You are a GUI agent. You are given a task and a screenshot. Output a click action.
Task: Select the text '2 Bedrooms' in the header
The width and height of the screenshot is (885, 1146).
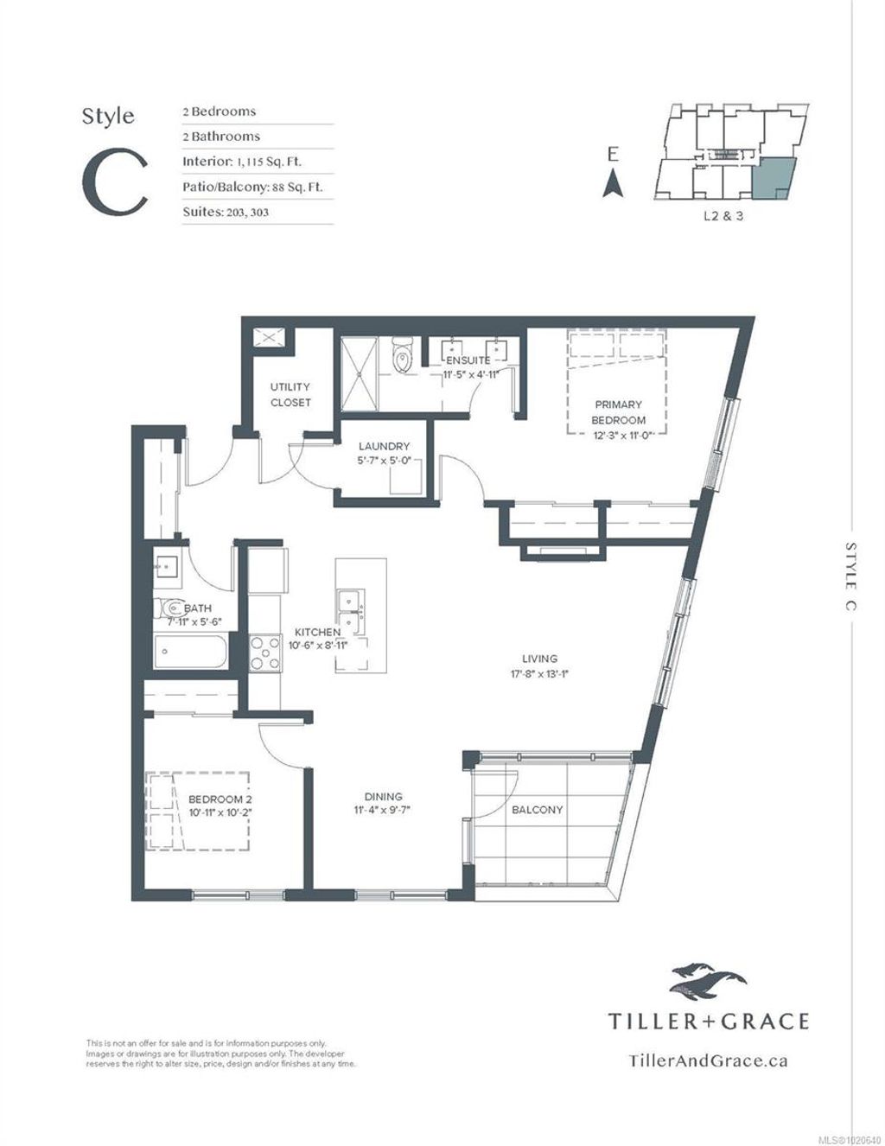pyautogui.click(x=219, y=111)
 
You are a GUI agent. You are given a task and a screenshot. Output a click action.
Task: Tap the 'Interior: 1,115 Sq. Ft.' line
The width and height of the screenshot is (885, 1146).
pyautogui.click(x=242, y=162)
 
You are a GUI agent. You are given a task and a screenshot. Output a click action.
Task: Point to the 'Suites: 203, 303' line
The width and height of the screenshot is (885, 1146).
pyautogui.click(x=225, y=212)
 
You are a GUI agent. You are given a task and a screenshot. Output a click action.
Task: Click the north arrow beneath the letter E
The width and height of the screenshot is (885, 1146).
pyautogui.click(x=613, y=184)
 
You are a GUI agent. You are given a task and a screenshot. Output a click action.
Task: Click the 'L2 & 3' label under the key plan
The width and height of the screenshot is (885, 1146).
pyautogui.click(x=723, y=216)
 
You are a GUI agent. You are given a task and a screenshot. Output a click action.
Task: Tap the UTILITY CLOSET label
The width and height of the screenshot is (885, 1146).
pyautogui.click(x=290, y=395)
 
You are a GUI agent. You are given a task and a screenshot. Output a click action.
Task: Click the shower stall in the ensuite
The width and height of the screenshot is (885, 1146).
pyautogui.click(x=359, y=368)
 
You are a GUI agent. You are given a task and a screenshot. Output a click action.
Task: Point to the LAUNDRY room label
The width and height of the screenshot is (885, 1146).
pyautogui.click(x=384, y=447)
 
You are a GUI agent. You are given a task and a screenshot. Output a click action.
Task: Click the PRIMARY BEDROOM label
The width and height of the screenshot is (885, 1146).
pyautogui.click(x=618, y=412)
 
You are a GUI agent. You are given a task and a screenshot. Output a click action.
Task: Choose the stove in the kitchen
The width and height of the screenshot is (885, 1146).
pyautogui.click(x=262, y=653)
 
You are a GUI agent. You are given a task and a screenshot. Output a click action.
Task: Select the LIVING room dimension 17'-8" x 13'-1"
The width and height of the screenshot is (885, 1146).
pyautogui.click(x=539, y=675)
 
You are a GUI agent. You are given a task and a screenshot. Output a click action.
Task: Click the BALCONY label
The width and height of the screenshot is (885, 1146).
pyautogui.click(x=537, y=810)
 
